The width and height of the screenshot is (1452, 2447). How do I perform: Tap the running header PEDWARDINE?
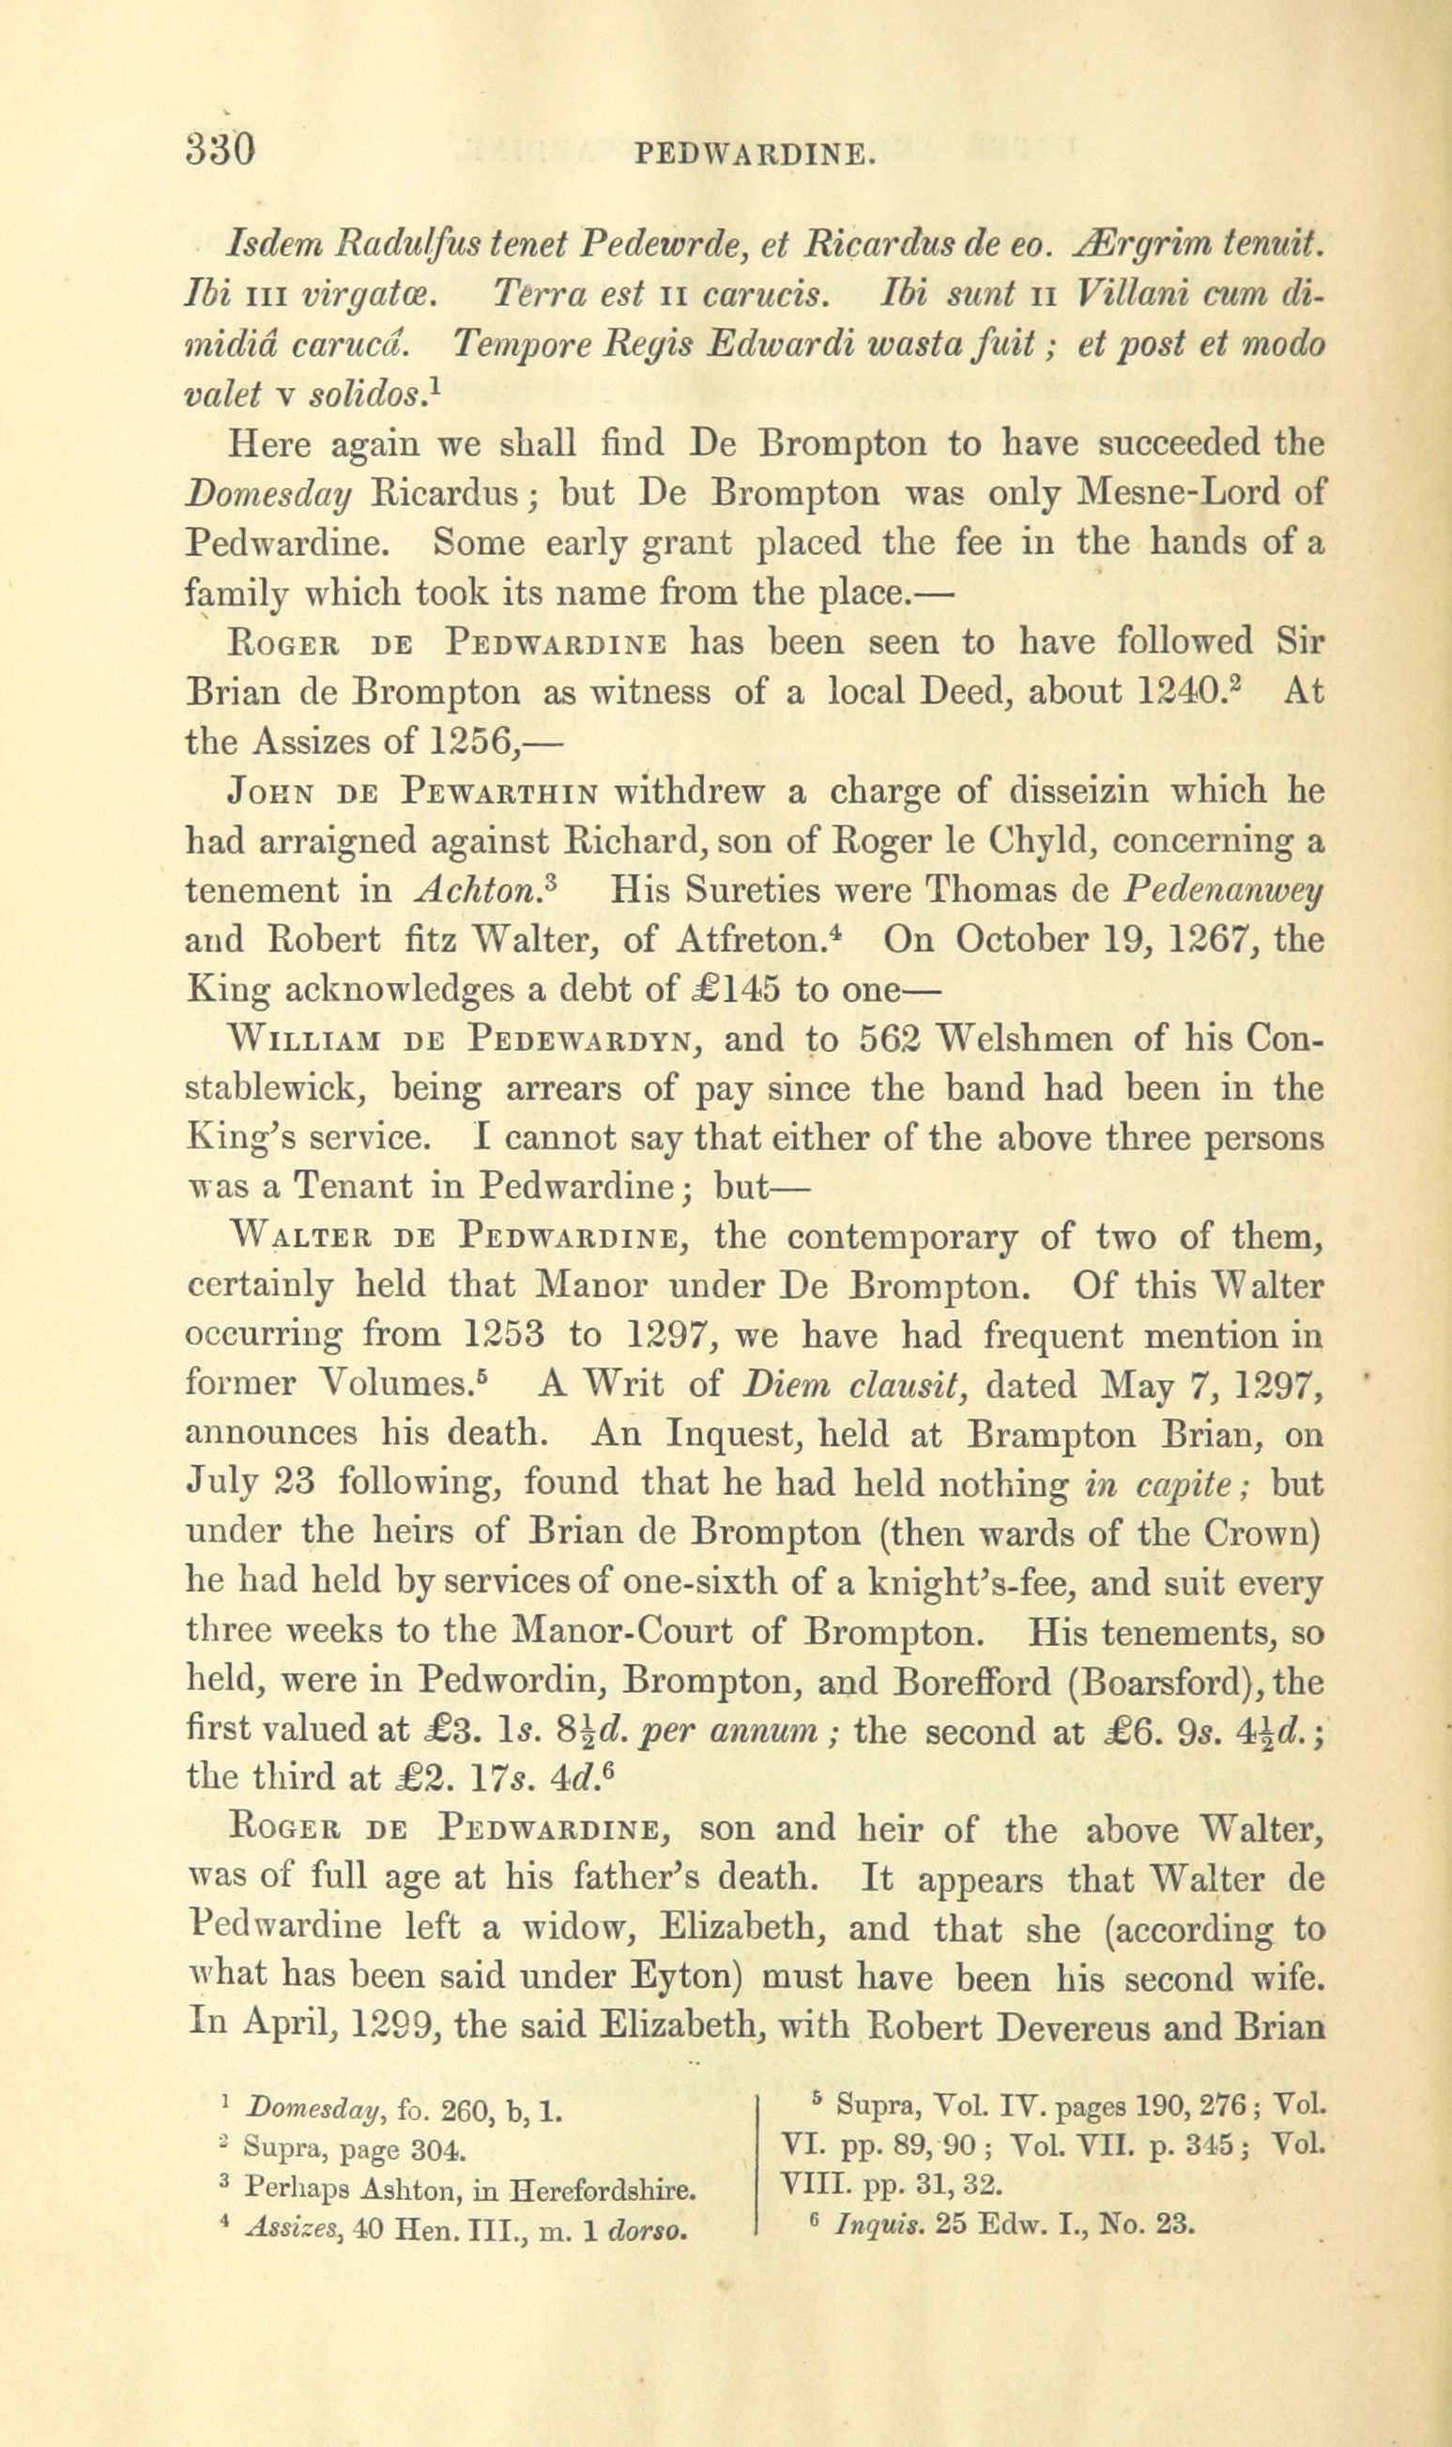(754, 155)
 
